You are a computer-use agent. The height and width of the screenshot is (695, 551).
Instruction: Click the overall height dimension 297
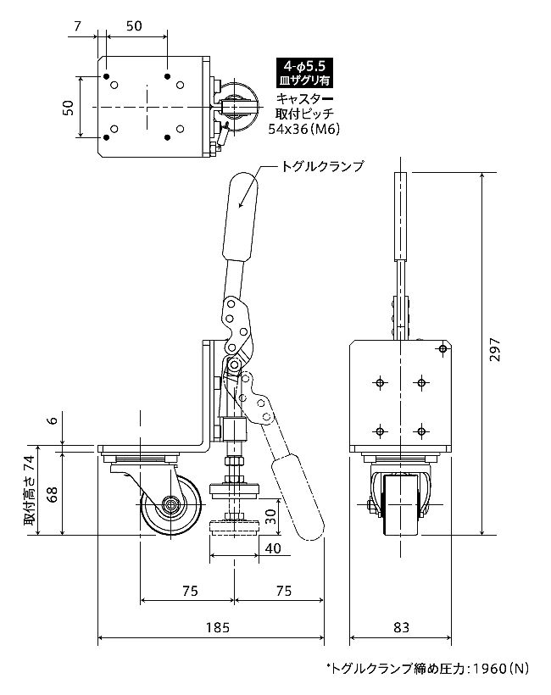[495, 350]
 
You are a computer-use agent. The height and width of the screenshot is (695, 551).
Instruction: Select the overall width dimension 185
[218, 627]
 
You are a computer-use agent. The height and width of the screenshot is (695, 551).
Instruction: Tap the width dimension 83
[401, 627]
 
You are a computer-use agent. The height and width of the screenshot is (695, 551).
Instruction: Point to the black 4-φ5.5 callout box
[304, 73]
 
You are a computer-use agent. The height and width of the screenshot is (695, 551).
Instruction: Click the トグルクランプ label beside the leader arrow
[322, 166]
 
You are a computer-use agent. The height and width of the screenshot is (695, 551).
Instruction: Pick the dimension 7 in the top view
[78, 26]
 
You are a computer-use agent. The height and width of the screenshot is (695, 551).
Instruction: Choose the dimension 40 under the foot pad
[273, 548]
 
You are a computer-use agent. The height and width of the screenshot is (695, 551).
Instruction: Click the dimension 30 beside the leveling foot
[270, 515]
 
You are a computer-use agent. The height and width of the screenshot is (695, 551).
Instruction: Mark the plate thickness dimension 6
[53, 420]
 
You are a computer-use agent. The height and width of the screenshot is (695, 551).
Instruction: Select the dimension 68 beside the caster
[52, 494]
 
